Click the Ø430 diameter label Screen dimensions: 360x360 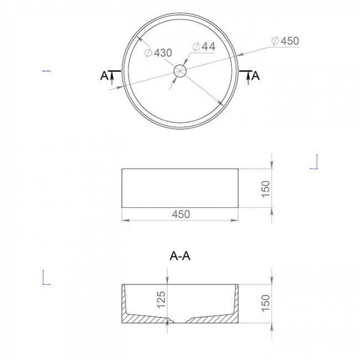[x=158, y=53]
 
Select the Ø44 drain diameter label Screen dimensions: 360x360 [x=204, y=47]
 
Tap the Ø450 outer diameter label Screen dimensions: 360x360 [x=285, y=41]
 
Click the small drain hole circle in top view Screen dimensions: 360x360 [x=180, y=71]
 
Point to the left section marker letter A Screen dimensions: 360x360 [x=104, y=76]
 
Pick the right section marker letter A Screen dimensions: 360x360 [x=255, y=76]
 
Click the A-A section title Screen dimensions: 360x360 [x=181, y=256]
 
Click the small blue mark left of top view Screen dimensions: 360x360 [x=47, y=70]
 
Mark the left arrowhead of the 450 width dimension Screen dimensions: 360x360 [x=124, y=220]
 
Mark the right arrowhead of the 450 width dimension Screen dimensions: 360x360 [x=236, y=220]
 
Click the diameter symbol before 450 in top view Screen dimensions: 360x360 [x=275, y=41]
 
